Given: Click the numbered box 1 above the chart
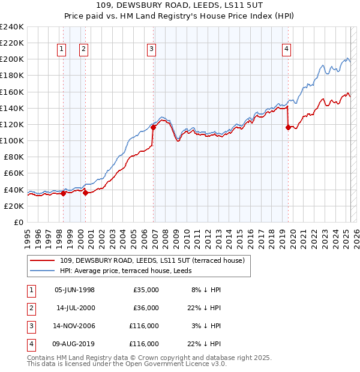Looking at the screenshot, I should click(x=62, y=50).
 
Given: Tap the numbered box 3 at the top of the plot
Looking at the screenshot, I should click(x=151, y=50).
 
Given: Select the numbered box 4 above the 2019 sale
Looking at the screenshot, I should click(x=287, y=50).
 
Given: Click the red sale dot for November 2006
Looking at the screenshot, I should click(x=154, y=127).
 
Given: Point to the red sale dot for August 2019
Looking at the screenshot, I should click(x=289, y=127).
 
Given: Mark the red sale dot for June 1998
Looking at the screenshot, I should click(x=64, y=193).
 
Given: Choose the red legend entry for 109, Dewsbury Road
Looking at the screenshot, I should click(x=152, y=261).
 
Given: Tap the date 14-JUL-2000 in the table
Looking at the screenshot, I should click(x=75, y=308).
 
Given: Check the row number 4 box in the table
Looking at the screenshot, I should click(x=29, y=344).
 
